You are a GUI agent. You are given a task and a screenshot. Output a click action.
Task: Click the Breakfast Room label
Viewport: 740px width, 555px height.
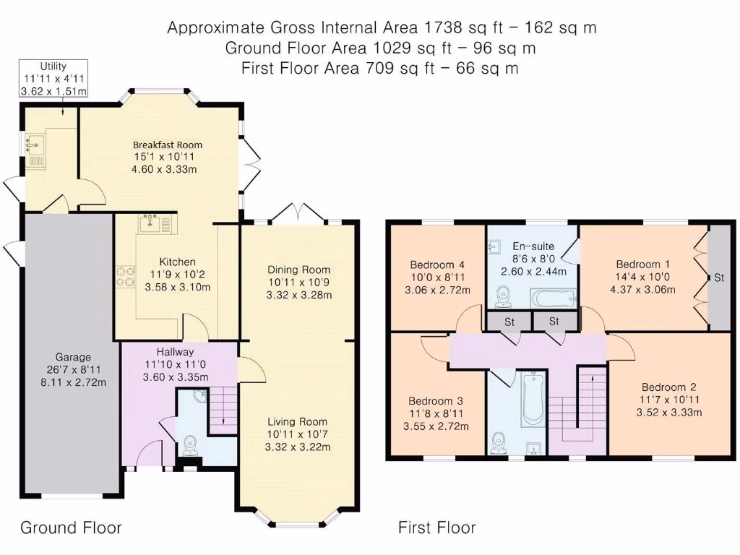(x=168, y=145)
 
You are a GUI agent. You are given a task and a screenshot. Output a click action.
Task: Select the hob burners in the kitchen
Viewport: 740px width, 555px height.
(x=126, y=277)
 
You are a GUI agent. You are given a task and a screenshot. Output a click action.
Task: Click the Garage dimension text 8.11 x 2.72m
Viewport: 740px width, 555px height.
(x=73, y=382)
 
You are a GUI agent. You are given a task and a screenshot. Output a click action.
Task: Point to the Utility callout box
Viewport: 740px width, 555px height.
(x=53, y=79)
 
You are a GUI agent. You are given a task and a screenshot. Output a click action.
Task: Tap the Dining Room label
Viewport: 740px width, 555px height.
(x=298, y=270)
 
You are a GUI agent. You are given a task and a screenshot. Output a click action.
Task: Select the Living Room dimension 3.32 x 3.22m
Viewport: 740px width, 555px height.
(x=297, y=447)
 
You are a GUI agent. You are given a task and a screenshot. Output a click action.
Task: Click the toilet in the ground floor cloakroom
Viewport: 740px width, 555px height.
(x=190, y=445)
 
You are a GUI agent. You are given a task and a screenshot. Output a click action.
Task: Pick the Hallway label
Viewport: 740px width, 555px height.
(x=175, y=352)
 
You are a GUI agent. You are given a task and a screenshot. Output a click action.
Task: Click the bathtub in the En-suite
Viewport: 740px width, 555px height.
(x=554, y=298)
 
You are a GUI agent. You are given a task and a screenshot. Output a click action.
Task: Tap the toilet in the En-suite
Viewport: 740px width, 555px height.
(x=504, y=296)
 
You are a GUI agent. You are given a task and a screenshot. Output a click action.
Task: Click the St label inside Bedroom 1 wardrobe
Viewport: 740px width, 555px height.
(x=719, y=278)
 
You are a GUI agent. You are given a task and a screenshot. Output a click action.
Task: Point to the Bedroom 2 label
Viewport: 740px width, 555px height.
(x=668, y=387)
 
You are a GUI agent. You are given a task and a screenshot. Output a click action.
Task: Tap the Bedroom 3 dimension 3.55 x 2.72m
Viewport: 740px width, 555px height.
(x=436, y=426)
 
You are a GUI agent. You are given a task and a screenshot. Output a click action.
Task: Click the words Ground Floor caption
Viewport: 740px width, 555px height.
(x=71, y=528)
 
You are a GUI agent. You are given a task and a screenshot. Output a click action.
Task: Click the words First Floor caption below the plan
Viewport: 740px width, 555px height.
(x=437, y=528)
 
